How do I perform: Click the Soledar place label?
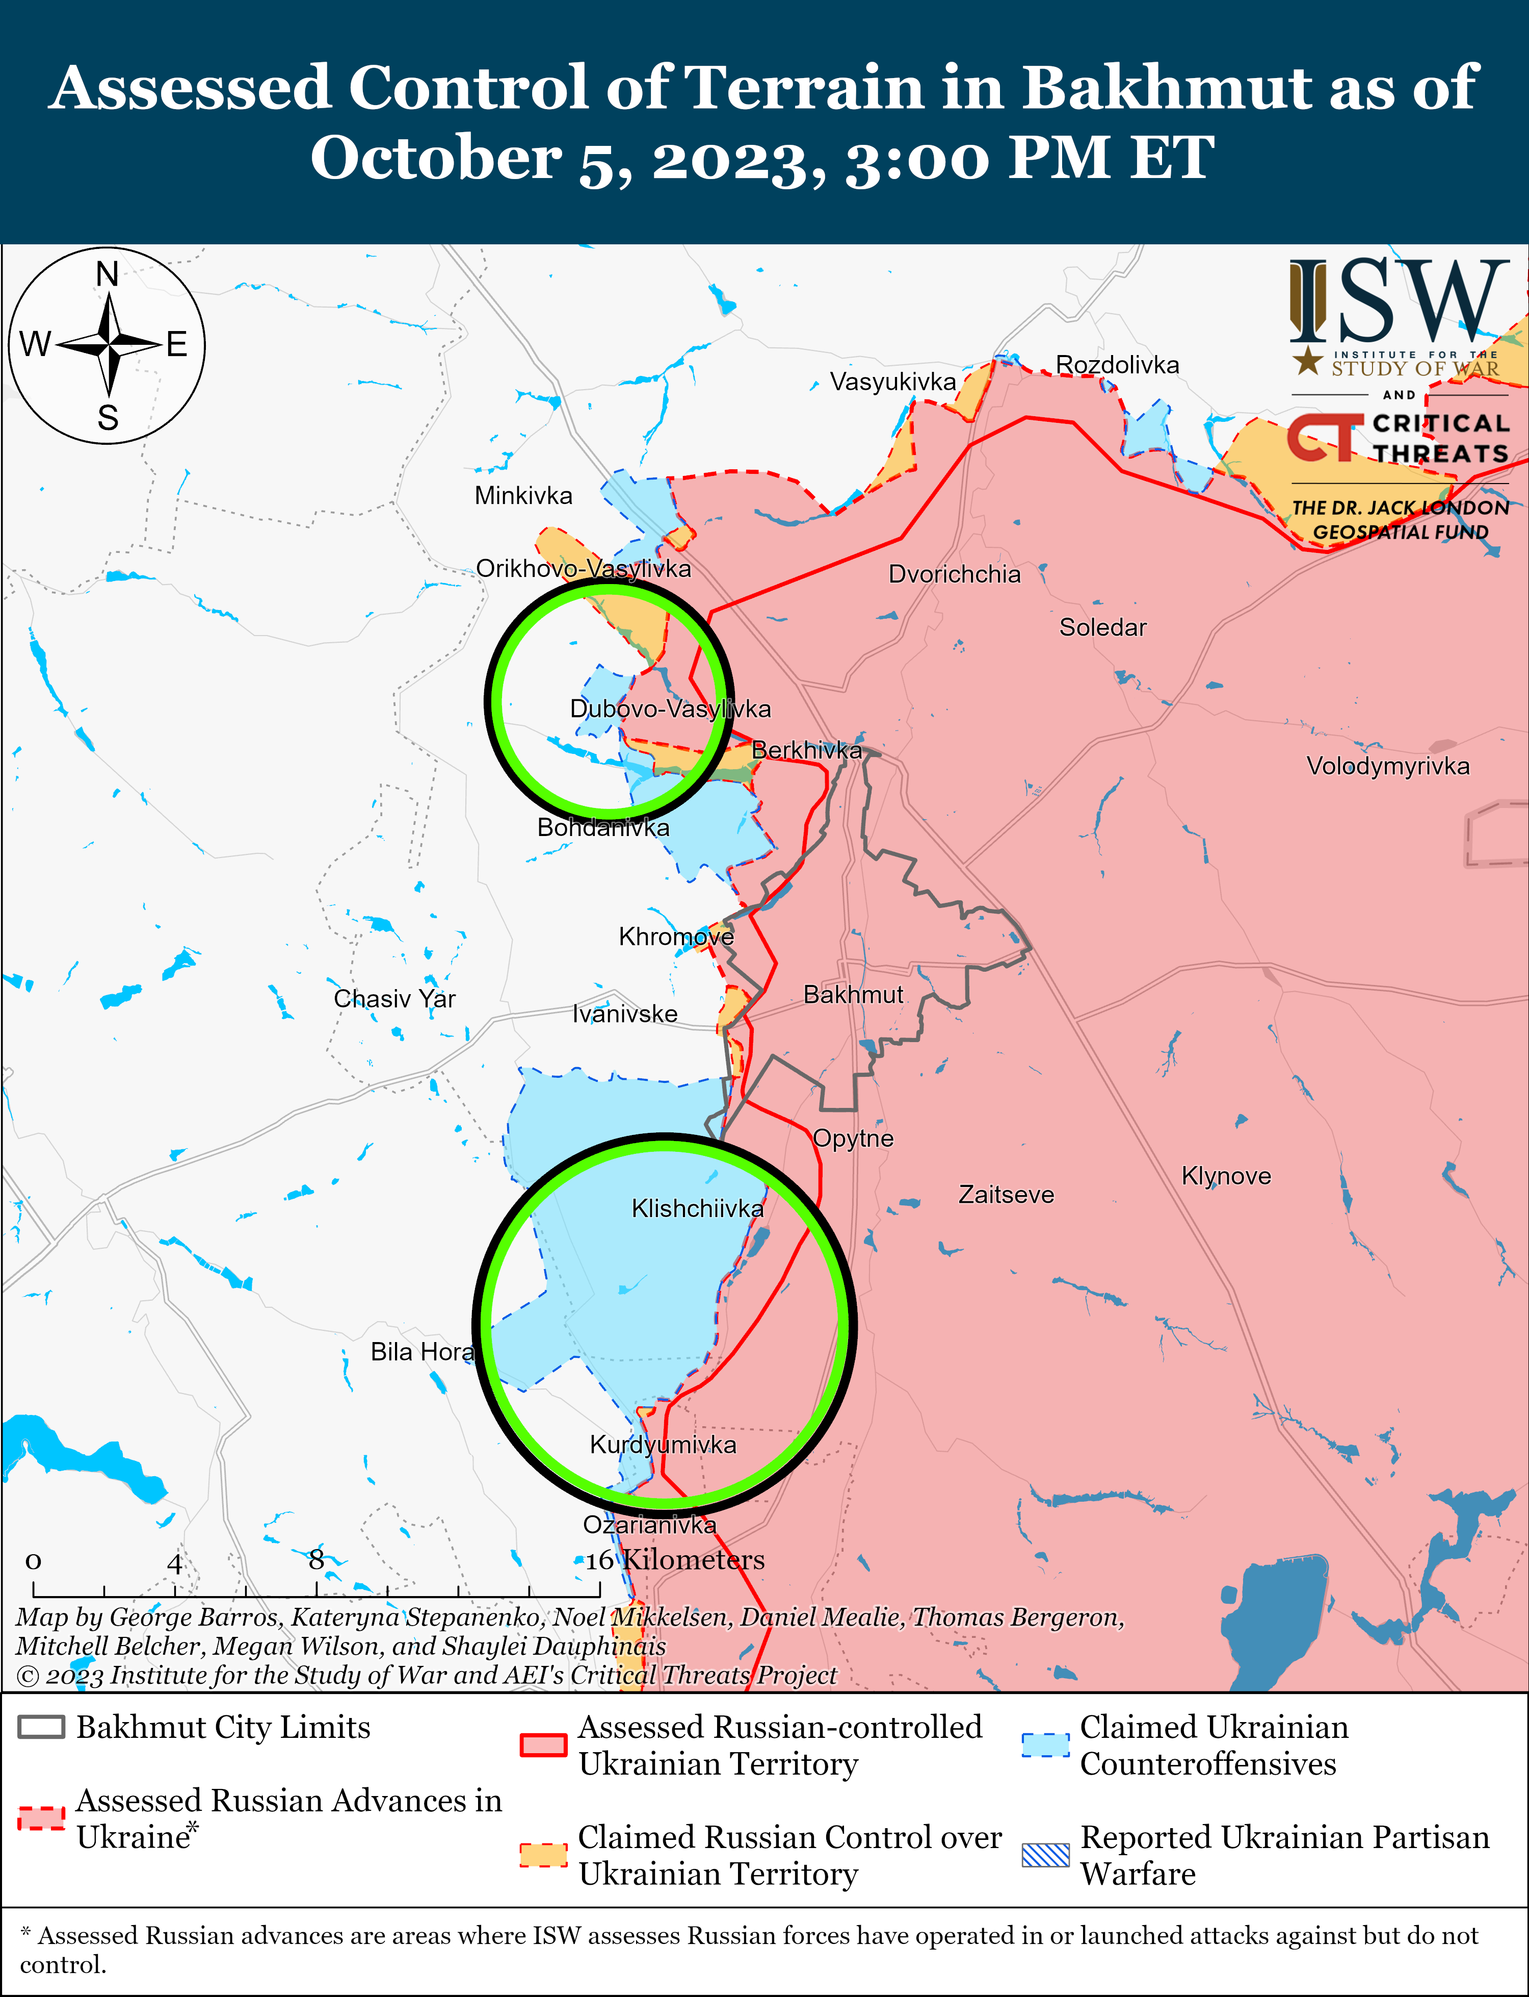click(1102, 627)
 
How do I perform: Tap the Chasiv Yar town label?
click(394, 999)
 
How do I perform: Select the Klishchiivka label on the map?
click(697, 1208)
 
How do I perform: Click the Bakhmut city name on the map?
click(853, 994)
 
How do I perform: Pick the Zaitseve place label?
click(1006, 1195)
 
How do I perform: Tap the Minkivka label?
click(523, 496)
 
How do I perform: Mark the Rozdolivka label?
click(1117, 365)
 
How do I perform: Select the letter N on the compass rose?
click(108, 274)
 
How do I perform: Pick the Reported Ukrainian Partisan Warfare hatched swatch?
click(1045, 1855)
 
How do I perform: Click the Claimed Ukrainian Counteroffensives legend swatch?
click(1045, 1745)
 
